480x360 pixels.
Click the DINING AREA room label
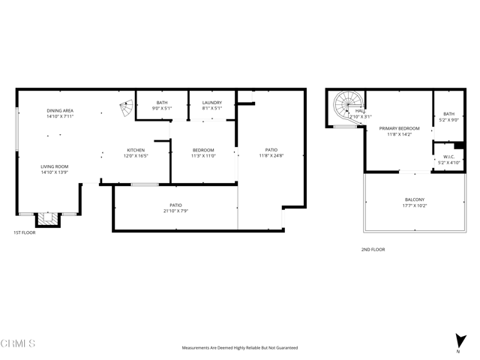pyautogui.click(x=60, y=111)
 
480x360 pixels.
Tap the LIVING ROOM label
pyautogui.click(x=54, y=166)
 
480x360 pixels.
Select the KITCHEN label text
pyautogui.click(x=136, y=149)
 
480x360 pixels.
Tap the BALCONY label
pyautogui.click(x=414, y=199)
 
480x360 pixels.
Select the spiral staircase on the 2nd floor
pyautogui.click(x=348, y=106)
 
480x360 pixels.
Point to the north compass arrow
pyautogui.click(x=459, y=341)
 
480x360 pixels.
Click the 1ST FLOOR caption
pyautogui.click(x=24, y=232)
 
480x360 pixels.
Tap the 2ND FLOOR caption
pyautogui.click(x=373, y=249)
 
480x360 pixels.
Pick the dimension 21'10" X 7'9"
pyautogui.click(x=175, y=211)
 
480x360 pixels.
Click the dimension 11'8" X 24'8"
pyautogui.click(x=271, y=155)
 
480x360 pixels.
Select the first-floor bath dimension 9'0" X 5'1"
pyautogui.click(x=162, y=108)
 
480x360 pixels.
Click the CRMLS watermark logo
pyautogui.click(x=18, y=343)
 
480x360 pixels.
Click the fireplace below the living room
pyautogui.click(x=47, y=219)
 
